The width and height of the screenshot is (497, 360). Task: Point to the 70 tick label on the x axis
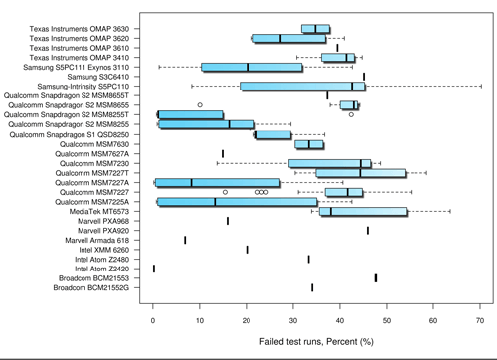480,321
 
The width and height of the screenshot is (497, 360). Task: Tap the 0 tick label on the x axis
153,321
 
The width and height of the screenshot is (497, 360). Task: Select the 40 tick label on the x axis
340,321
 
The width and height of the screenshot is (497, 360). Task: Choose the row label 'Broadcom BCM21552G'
98,287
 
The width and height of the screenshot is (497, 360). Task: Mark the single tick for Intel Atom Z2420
154,269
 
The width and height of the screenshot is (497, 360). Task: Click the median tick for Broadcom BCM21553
376,277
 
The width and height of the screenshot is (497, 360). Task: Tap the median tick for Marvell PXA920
367,230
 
